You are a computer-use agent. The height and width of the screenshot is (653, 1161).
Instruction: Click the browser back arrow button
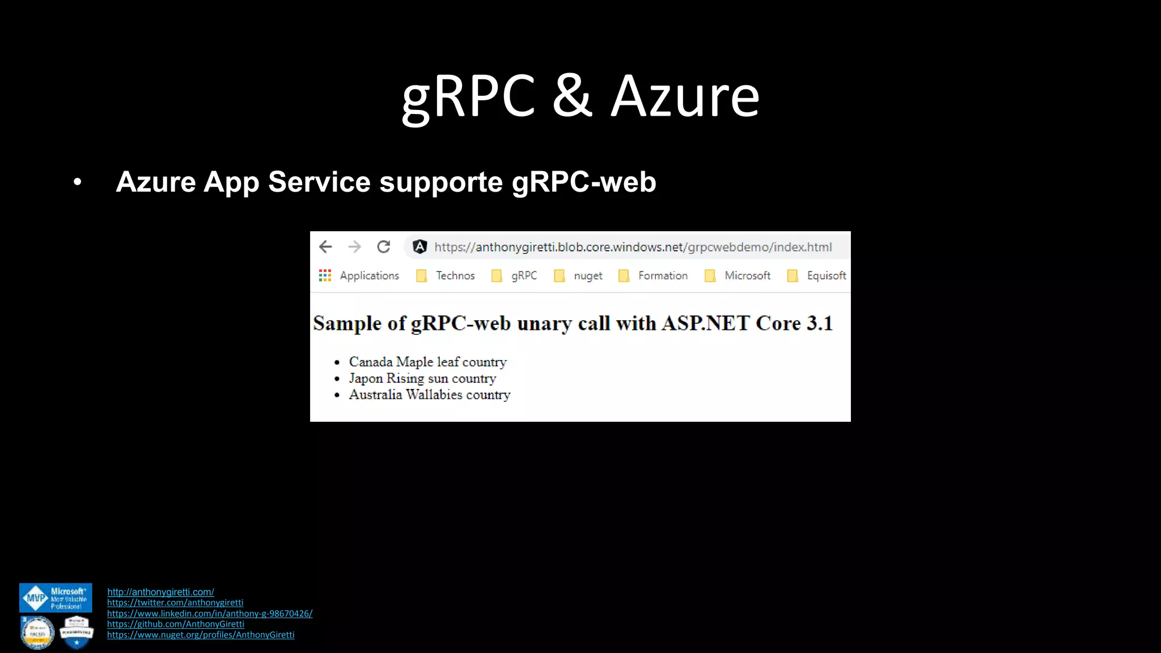coord(325,247)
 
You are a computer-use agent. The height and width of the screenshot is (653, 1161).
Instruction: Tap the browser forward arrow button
coord(355,247)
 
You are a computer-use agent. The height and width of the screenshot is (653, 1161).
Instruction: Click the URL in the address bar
coord(633,247)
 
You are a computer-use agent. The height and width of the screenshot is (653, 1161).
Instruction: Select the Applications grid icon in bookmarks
coord(325,275)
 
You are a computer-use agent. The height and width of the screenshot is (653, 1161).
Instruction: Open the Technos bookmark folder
coord(446,275)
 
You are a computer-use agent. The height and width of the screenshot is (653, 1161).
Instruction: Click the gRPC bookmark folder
coord(515,275)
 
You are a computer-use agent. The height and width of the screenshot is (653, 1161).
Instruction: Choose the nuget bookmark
coord(579,275)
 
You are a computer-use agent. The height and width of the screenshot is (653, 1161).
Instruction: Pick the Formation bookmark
coord(654,275)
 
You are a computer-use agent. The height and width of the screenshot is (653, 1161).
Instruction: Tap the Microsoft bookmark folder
coord(738,275)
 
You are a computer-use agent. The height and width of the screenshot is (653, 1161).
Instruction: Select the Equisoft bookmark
coord(817,275)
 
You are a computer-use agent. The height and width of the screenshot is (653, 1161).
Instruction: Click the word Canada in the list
coord(371,362)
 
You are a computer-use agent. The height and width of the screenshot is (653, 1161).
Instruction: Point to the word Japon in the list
coord(366,378)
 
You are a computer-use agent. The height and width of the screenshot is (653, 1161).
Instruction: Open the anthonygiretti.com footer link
coord(160,592)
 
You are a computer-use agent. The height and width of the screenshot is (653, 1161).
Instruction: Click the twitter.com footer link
coord(175,603)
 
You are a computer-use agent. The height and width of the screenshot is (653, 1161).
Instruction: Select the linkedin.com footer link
coord(210,613)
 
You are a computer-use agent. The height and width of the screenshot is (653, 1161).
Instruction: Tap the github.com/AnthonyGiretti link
coord(176,624)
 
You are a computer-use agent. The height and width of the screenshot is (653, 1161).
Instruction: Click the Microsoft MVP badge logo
coord(56,598)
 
